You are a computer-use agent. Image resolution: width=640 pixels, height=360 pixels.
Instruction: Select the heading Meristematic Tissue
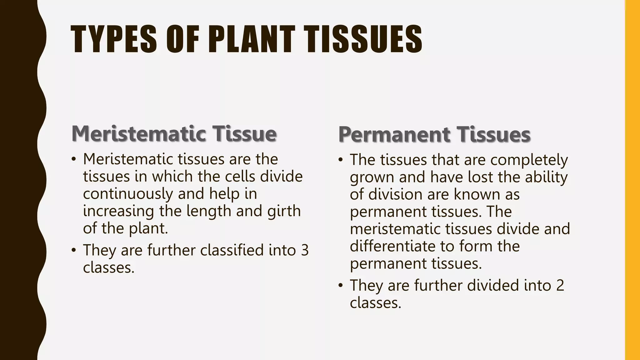[x=174, y=133]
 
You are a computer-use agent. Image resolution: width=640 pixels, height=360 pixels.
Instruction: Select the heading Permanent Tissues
[x=434, y=134]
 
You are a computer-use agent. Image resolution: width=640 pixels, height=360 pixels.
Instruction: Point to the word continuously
[x=128, y=194]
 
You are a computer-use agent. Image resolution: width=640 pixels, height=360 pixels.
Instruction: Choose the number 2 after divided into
[x=560, y=285]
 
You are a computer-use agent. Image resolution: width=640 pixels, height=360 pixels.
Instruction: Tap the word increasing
[x=118, y=211]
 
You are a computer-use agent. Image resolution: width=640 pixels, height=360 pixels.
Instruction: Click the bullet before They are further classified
[x=74, y=250]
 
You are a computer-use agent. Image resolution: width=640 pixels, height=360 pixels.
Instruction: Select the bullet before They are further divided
[x=341, y=285]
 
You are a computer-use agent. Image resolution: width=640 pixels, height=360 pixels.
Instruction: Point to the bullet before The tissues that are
[x=341, y=160]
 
